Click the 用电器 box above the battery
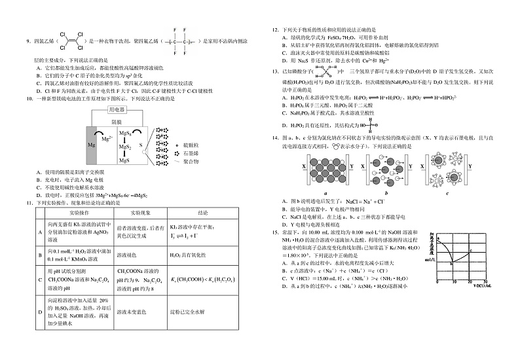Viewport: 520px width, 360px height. point(117,110)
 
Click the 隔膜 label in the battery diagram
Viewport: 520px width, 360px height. point(117,122)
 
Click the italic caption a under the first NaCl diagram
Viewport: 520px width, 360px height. point(325,193)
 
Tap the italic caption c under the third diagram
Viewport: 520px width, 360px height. point(447,193)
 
